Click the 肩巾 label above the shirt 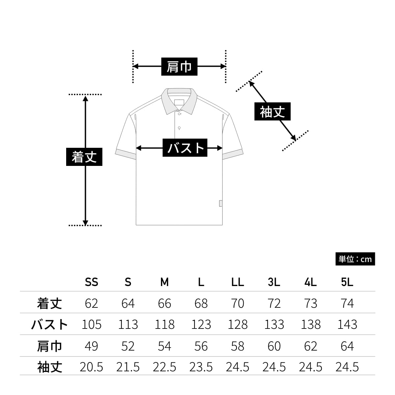click(x=179, y=66)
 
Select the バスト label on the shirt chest click(x=185, y=148)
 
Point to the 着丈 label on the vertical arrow click(x=84, y=157)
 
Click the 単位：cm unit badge click(x=355, y=259)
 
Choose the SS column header click(x=92, y=282)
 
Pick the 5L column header click(x=347, y=282)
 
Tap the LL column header click(x=237, y=282)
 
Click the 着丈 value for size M click(x=164, y=303)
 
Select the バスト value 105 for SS click(x=92, y=325)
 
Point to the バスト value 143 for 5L click(x=347, y=325)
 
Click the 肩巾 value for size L click(x=201, y=346)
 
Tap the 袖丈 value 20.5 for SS click(x=92, y=367)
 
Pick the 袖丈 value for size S click(x=128, y=367)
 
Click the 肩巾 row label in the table click(x=49, y=346)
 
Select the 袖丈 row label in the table click(x=49, y=367)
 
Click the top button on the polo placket click(x=179, y=114)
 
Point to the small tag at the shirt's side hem click(x=221, y=203)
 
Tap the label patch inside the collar click(x=179, y=102)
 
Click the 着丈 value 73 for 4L click(x=310, y=303)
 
